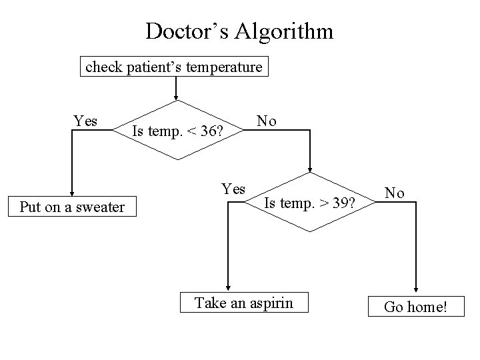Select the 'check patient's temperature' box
tap(174, 68)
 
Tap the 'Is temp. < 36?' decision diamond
tap(177, 130)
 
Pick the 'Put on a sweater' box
tap(72, 207)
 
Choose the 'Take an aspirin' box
tap(243, 303)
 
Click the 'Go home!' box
tap(416, 307)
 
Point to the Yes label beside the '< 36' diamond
tap(85, 121)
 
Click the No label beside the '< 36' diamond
tap(267, 121)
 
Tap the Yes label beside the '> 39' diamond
tap(233, 189)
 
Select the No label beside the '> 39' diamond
tap(395, 193)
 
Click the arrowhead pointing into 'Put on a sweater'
tap(72, 193)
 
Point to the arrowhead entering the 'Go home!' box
tap(416, 290)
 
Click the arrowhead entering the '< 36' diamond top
tap(176, 96)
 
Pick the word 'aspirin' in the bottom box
tap(270, 303)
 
